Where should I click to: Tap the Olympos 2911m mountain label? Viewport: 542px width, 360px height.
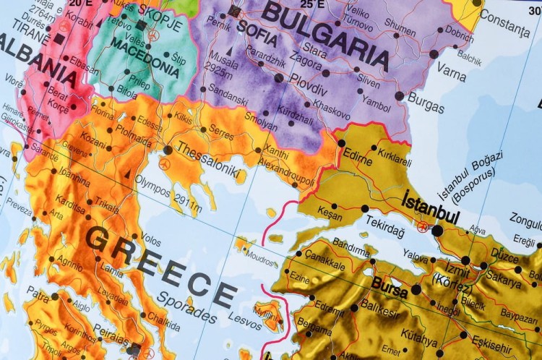168,194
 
